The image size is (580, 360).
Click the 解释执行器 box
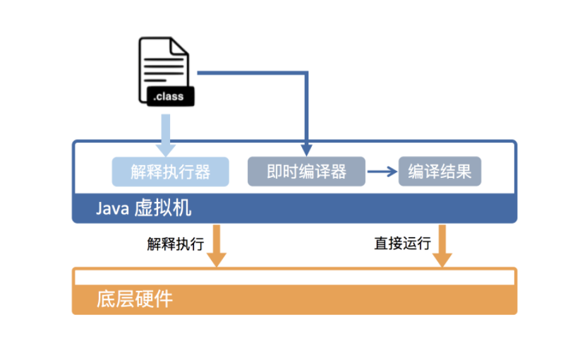[x=171, y=172]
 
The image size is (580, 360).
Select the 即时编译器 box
[x=306, y=172]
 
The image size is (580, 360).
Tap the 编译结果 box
[x=440, y=172]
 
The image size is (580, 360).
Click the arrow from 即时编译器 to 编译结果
[x=382, y=172]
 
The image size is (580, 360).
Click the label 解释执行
[x=175, y=244]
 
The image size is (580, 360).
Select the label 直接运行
[x=402, y=244]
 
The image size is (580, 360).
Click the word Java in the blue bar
[x=111, y=210]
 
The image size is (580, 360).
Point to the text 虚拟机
[x=162, y=210]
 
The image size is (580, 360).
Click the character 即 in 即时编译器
[x=275, y=172]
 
